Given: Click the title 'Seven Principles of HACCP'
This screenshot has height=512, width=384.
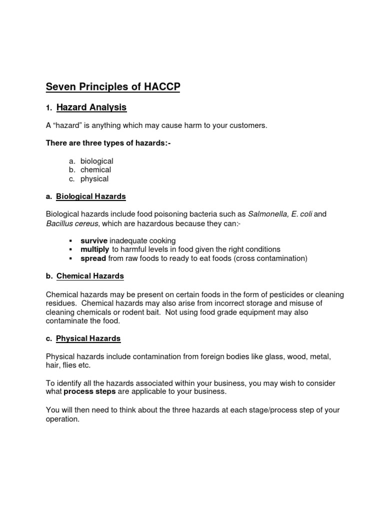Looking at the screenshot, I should click(113, 87).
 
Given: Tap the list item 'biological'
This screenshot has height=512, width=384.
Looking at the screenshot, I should click(97, 161).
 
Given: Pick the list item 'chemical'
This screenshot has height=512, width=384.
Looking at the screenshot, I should click(96, 170).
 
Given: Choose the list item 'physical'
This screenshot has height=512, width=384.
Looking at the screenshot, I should click(94, 179).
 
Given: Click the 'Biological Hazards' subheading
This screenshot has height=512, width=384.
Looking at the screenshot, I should click(91, 196).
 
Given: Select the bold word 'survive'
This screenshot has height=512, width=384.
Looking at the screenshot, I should click(94, 240).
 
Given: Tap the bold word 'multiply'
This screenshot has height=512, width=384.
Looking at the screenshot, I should click(95, 249).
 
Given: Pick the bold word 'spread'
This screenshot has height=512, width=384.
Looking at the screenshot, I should click(93, 258).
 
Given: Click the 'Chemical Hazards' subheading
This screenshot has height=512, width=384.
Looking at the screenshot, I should click(90, 276).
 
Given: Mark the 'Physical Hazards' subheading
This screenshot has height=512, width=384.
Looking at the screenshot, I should click(88, 338).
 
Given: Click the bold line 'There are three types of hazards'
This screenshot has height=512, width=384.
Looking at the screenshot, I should click(108, 143).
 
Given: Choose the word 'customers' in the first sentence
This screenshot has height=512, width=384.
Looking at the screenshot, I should click(250, 125).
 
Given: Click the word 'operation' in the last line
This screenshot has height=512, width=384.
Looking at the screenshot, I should click(62, 419).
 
